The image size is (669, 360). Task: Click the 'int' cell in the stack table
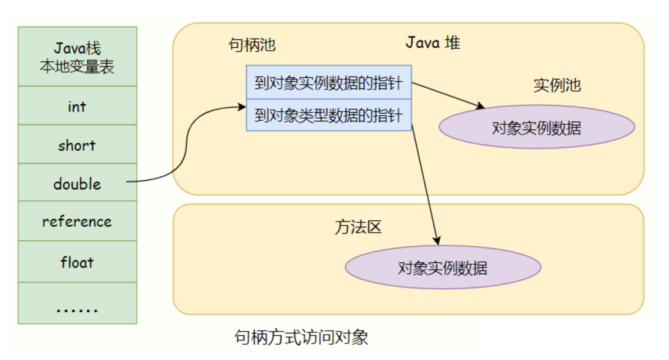tap(77, 106)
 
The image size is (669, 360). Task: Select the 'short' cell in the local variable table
tap(77, 145)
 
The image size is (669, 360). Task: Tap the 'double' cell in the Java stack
tap(77, 184)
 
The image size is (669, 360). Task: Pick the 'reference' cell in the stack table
tap(77, 222)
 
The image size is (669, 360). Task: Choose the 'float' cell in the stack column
tap(77, 262)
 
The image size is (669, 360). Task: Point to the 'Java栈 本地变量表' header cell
tap(77, 57)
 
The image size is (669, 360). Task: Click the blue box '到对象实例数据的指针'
tap(328, 83)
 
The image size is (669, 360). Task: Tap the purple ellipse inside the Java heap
tap(536, 128)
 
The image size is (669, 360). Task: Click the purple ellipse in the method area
tap(443, 269)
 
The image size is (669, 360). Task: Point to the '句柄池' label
tap(252, 44)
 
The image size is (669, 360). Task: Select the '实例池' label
tap(557, 85)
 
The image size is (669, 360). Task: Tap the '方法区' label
tap(358, 227)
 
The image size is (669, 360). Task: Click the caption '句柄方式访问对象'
tap(301, 338)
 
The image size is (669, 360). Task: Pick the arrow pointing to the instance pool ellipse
tap(448, 95)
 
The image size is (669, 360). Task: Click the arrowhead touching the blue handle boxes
tap(241, 107)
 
